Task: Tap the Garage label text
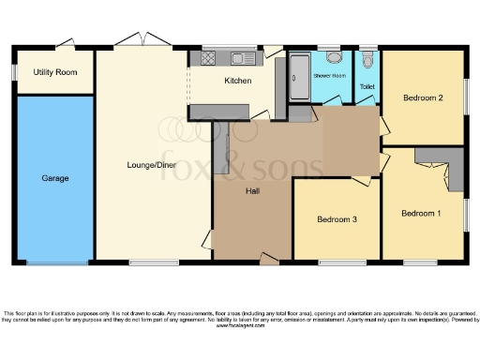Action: coord(53,177)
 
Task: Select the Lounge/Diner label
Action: coord(151,166)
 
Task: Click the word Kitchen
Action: coord(237,81)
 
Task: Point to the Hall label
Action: coord(253,191)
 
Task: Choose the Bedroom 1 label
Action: coord(421,213)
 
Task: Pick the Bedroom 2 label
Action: coord(423,97)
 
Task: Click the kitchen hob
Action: coord(208,57)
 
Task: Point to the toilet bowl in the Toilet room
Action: coord(367,62)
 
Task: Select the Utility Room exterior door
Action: coord(64,42)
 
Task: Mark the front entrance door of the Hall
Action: coord(269,256)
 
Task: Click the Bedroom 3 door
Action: coord(360,180)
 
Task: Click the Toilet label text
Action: coord(366,87)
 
